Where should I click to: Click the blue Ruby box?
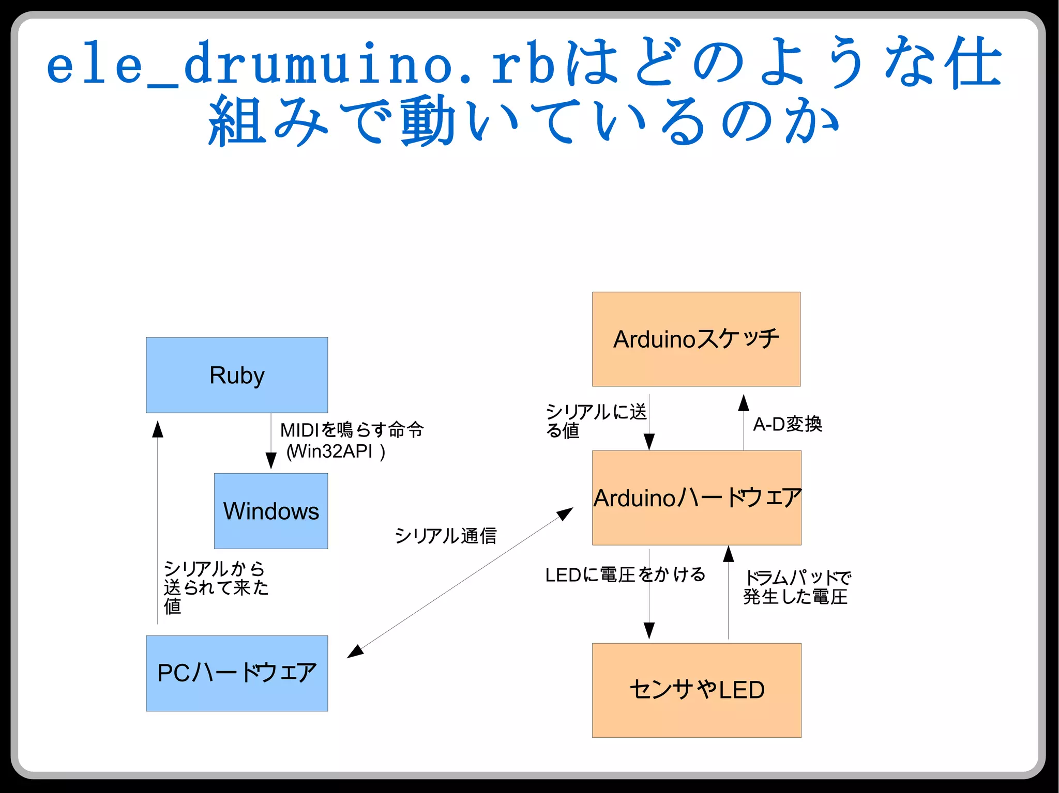tap(237, 375)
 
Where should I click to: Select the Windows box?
tap(271, 511)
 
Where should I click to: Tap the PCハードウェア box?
tap(237, 673)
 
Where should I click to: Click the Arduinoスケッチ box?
tap(696, 339)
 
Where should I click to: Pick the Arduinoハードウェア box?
tap(697, 497)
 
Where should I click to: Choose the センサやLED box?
tap(697, 690)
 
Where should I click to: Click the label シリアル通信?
tap(445, 536)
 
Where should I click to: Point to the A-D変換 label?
tap(787, 424)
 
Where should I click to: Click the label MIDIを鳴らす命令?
tap(352, 430)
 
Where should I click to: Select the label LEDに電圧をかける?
tap(625, 574)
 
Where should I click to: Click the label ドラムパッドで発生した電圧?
tap(796, 587)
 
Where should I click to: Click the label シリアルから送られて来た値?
tap(215, 587)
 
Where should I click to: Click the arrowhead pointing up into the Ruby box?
tap(158, 429)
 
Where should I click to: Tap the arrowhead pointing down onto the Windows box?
tap(271, 460)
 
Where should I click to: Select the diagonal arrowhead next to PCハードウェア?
tap(355, 651)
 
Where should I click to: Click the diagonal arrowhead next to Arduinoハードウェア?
tap(565, 514)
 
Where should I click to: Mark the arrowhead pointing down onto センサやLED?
tap(649, 630)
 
